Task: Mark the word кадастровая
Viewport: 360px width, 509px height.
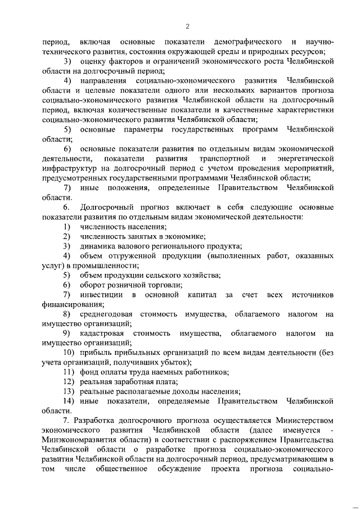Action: coord(103,333)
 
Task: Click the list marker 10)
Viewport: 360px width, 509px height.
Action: coord(69,353)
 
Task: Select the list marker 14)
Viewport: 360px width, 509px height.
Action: coord(69,401)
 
